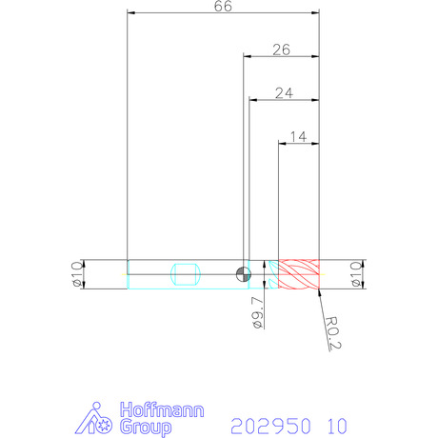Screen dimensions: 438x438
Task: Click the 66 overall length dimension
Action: point(223,7)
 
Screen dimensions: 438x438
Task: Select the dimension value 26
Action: point(281,50)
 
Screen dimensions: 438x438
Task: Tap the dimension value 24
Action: point(284,93)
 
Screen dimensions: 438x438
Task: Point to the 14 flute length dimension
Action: point(298,137)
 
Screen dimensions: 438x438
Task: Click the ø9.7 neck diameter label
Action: point(257,312)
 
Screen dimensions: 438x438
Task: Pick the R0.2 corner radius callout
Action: point(332,333)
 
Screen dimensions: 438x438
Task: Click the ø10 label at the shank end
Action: point(77,274)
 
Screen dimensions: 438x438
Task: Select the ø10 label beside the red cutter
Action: point(356,274)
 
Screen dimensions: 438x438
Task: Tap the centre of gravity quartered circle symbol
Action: point(244,274)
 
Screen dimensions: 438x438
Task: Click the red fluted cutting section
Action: point(299,274)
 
